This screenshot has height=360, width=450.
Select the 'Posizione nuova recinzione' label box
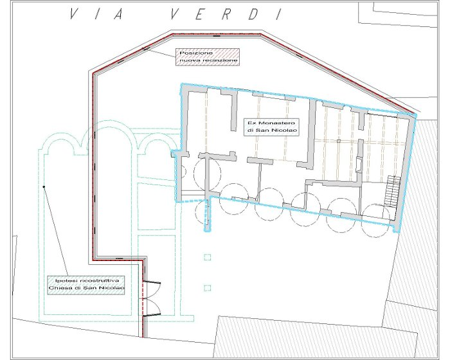pos(208,57)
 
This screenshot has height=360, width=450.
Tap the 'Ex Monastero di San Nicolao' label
pos(271,127)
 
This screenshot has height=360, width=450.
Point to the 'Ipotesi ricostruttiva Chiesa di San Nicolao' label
pos(86,285)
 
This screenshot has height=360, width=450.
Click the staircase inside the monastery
pos(392,191)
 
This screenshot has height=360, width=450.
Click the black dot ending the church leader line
pos(44,187)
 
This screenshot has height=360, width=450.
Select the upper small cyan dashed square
pos(207,257)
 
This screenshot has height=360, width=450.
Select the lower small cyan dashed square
pos(207,287)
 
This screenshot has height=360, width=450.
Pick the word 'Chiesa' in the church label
pos(59,287)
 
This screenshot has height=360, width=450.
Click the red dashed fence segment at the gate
pos(142,298)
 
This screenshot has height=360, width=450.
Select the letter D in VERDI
pos(253,14)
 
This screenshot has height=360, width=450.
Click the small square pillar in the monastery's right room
pos(339,141)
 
